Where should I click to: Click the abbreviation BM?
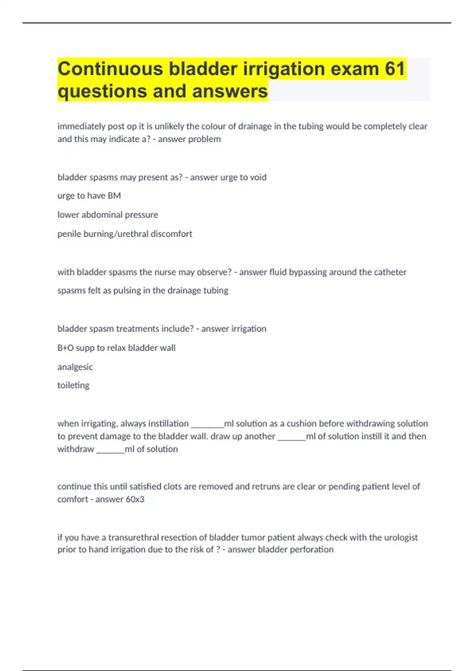114,196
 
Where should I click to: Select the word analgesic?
75,367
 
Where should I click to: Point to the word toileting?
73,385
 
